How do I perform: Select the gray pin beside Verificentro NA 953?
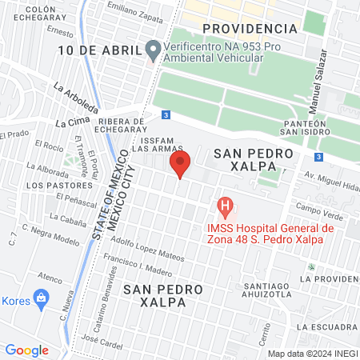pos(153,50)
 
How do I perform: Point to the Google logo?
pos(26,350)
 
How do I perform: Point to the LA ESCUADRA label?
pos(326,327)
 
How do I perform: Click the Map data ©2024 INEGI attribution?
pos(313,353)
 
